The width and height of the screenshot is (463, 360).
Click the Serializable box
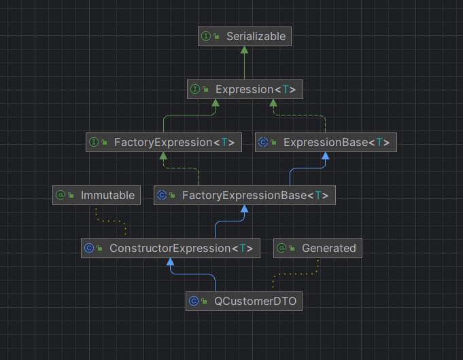click(x=245, y=36)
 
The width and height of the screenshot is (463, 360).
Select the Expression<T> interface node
click(x=245, y=89)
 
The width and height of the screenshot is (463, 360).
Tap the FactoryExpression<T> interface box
click(x=164, y=142)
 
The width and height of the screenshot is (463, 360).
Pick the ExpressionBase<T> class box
click(x=326, y=142)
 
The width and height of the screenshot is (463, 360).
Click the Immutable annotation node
click(x=97, y=196)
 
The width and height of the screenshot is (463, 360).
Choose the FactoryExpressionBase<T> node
click(x=244, y=196)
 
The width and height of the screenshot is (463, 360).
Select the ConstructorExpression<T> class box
click(x=170, y=249)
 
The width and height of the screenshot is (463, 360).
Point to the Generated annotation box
click(x=318, y=249)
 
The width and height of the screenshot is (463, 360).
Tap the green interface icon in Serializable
click(x=205, y=36)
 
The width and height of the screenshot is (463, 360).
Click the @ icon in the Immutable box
click(x=60, y=196)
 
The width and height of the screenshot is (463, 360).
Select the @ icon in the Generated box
click(x=281, y=249)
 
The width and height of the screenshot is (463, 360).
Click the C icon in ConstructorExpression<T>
click(x=88, y=249)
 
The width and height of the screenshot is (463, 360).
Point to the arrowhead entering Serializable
click(x=245, y=50)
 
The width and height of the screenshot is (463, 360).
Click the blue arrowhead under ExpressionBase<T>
click(x=326, y=156)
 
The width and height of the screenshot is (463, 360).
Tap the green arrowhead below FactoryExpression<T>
click(x=164, y=156)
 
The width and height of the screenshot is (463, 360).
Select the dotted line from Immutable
click(x=109, y=220)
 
